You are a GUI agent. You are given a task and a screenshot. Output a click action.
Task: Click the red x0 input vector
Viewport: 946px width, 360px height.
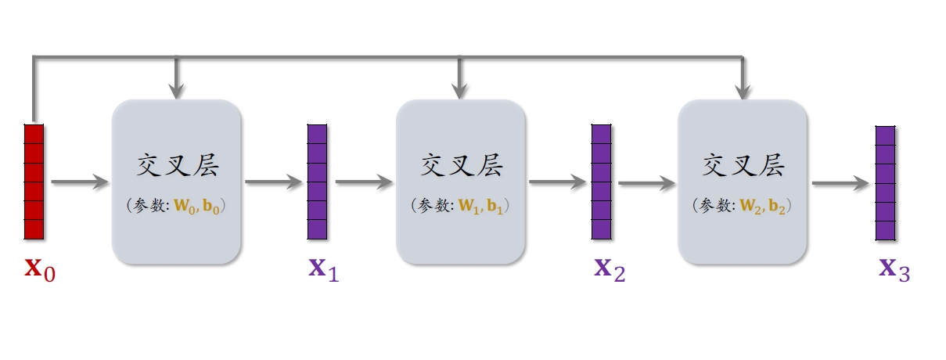34,181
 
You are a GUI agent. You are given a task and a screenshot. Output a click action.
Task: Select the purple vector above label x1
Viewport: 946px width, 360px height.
317,181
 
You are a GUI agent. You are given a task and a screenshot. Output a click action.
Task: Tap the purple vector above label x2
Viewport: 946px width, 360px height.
600,181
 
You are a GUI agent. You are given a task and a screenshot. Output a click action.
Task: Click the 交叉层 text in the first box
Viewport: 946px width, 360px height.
177,166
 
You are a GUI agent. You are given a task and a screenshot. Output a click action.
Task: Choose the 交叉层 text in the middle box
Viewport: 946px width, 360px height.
461,166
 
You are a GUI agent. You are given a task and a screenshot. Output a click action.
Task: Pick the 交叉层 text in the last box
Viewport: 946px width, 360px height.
743,166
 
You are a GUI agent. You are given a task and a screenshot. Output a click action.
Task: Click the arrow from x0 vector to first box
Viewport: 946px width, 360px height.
79,182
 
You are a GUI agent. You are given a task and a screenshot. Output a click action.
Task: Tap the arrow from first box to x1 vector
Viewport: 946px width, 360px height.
273,182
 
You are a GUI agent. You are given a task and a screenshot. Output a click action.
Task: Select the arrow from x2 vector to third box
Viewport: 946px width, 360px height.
646,185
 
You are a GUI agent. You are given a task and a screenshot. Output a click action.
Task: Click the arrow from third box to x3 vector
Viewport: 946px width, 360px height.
840,185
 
